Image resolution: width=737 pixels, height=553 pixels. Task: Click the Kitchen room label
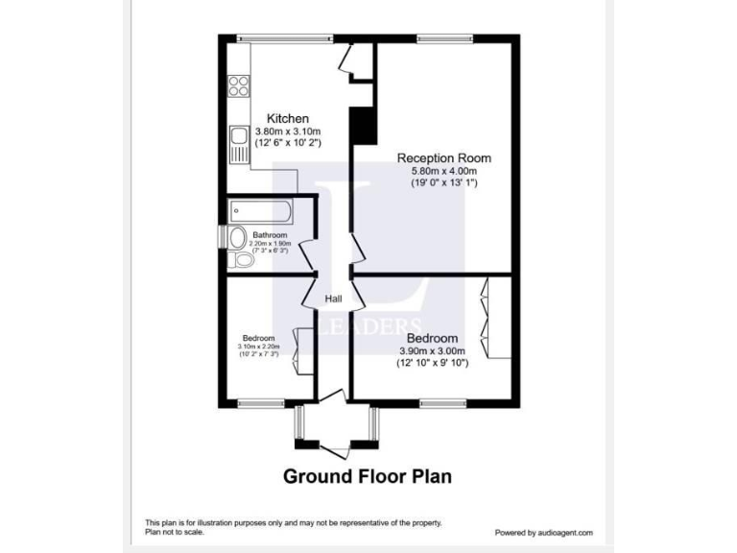(x=288, y=118)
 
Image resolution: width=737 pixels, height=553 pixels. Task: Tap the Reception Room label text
(x=444, y=158)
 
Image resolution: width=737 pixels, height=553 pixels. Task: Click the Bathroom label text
(x=270, y=235)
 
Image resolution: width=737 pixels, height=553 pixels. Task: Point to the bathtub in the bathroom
(x=260, y=210)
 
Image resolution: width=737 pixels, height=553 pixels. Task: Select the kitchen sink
(x=236, y=147)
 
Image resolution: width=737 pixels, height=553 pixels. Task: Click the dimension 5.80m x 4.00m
(x=443, y=171)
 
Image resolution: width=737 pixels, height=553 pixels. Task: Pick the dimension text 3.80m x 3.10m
(x=288, y=131)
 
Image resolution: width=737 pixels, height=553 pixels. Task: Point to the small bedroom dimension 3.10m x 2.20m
(x=259, y=347)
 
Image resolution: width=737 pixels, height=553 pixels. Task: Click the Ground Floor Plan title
(x=367, y=475)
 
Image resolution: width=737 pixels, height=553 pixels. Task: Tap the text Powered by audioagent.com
(x=543, y=532)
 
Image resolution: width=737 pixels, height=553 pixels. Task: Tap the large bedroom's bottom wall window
(x=442, y=401)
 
